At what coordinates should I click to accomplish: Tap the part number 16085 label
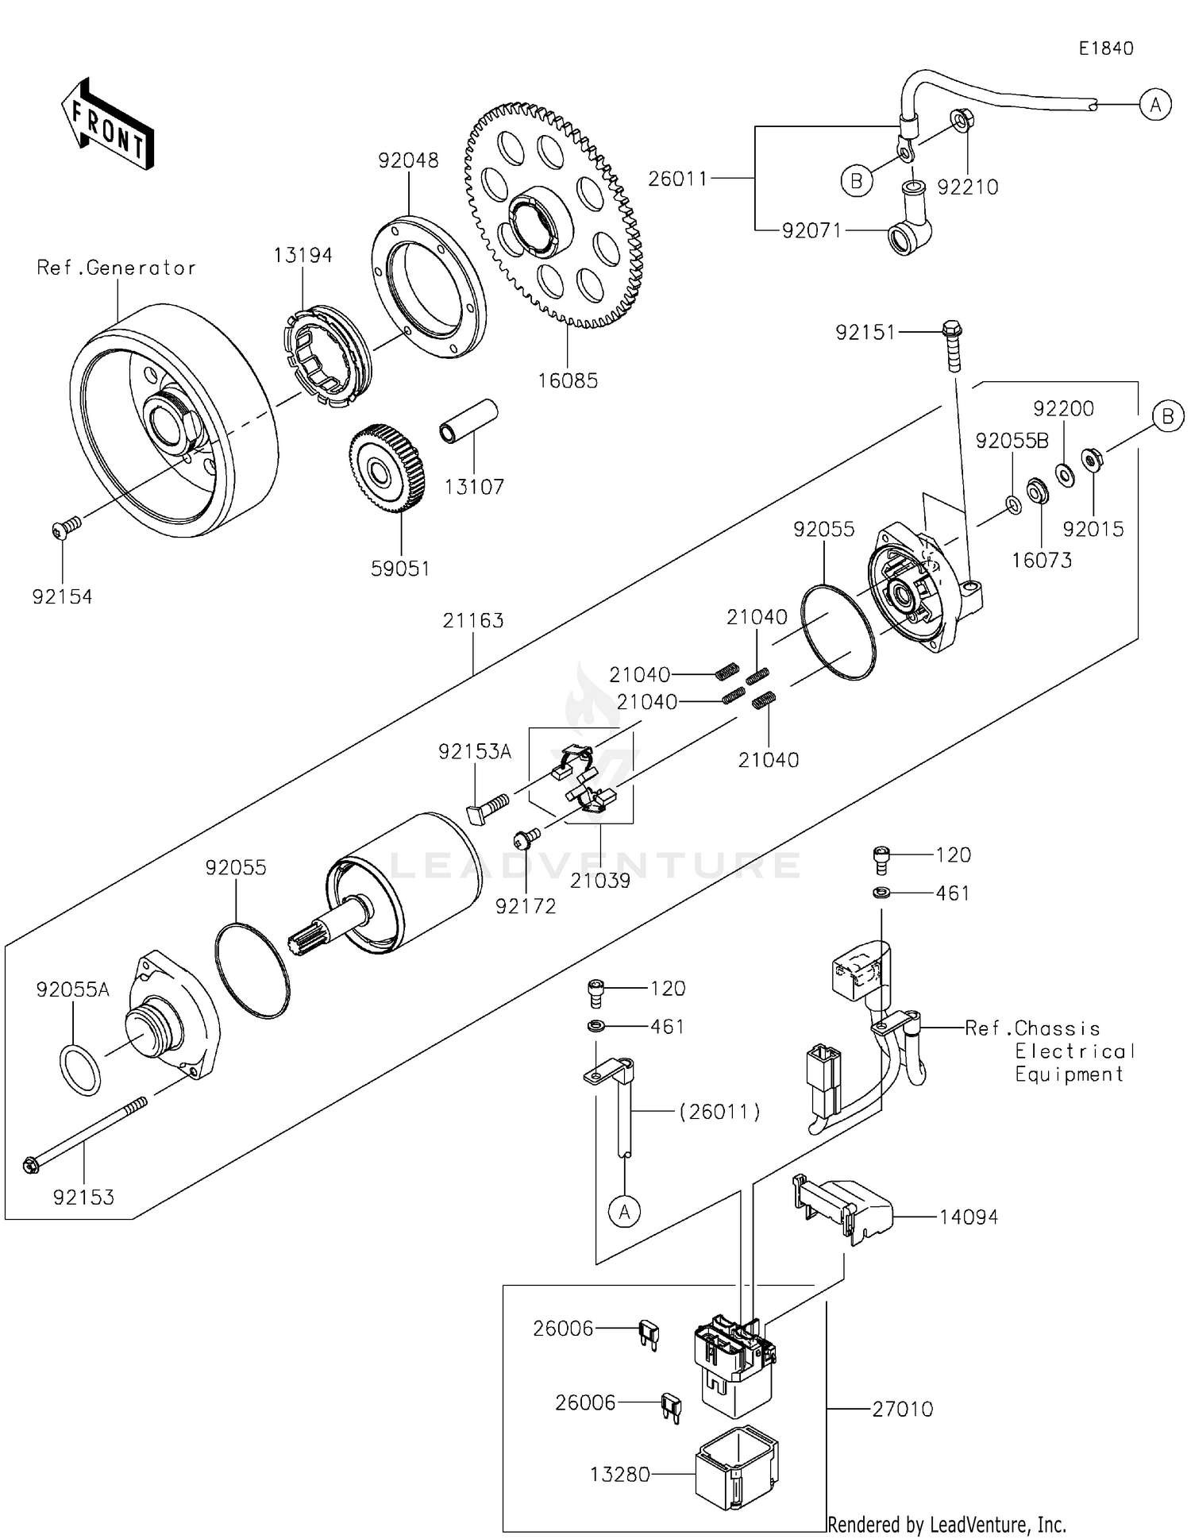(568, 380)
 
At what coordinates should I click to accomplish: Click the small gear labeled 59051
(387, 469)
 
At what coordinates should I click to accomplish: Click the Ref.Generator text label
(116, 268)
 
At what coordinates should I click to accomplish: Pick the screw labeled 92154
(67, 527)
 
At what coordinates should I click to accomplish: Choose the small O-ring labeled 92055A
(80, 1070)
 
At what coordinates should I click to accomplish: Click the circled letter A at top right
(1155, 104)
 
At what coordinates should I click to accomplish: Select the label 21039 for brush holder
(600, 880)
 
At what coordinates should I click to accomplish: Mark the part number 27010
(902, 1409)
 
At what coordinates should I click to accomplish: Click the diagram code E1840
(1105, 48)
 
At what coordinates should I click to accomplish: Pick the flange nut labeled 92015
(1093, 460)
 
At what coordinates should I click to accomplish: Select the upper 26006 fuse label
(563, 1329)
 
